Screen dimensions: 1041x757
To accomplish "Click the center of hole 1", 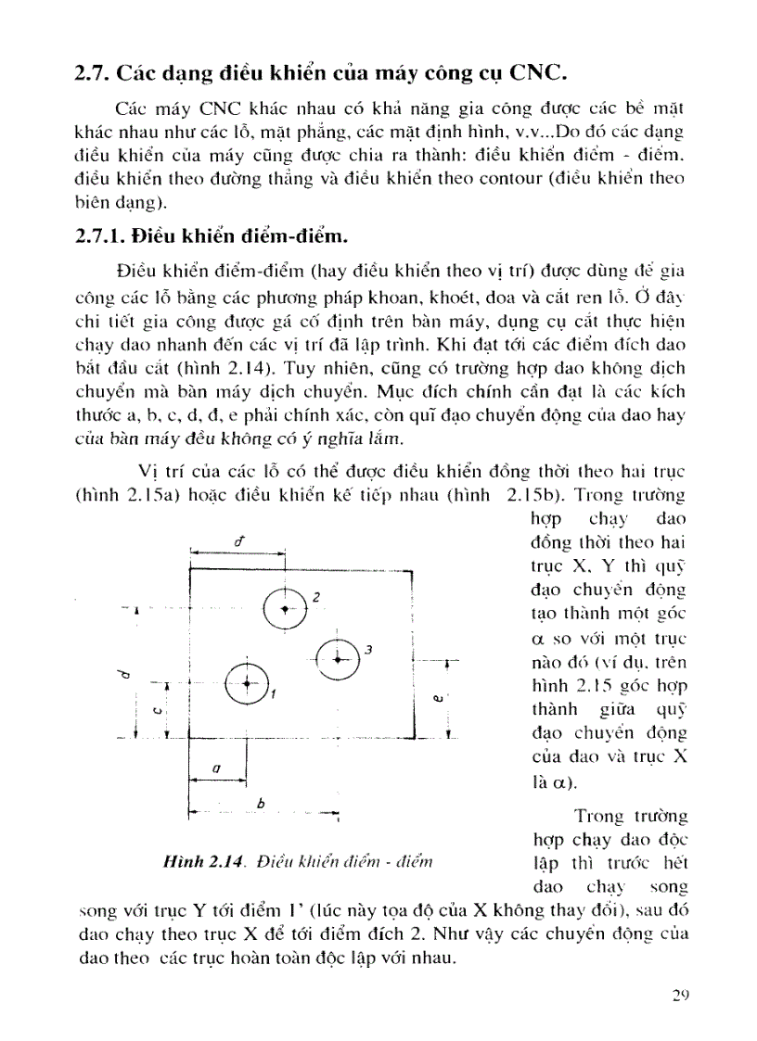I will (247, 683).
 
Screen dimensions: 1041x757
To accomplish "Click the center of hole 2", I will (286, 608).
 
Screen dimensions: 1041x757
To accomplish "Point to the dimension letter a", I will (215, 768).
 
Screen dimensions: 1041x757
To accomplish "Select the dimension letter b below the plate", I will (261, 805).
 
